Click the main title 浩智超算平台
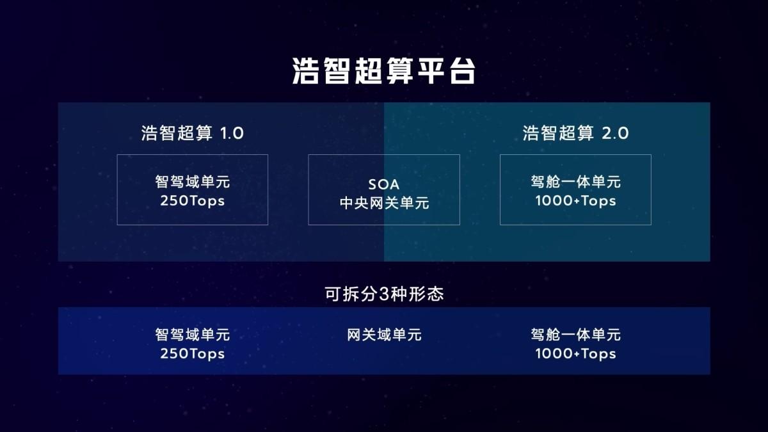point(383,70)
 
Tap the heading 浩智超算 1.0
point(193,133)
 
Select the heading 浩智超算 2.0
point(575,133)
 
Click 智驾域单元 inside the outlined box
point(193,182)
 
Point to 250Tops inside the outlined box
point(193,201)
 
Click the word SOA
point(383,184)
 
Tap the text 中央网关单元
point(384,203)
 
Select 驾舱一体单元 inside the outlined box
point(575,182)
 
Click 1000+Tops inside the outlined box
point(575,201)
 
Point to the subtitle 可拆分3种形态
point(384,294)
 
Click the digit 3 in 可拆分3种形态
point(383,294)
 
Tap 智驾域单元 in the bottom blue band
point(193,335)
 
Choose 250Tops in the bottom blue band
point(193,354)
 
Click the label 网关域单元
point(384,335)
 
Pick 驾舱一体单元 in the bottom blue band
point(575,335)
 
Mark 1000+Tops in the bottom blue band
point(575,354)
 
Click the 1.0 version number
point(232,133)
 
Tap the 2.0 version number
point(616,133)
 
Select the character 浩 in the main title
point(305,70)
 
